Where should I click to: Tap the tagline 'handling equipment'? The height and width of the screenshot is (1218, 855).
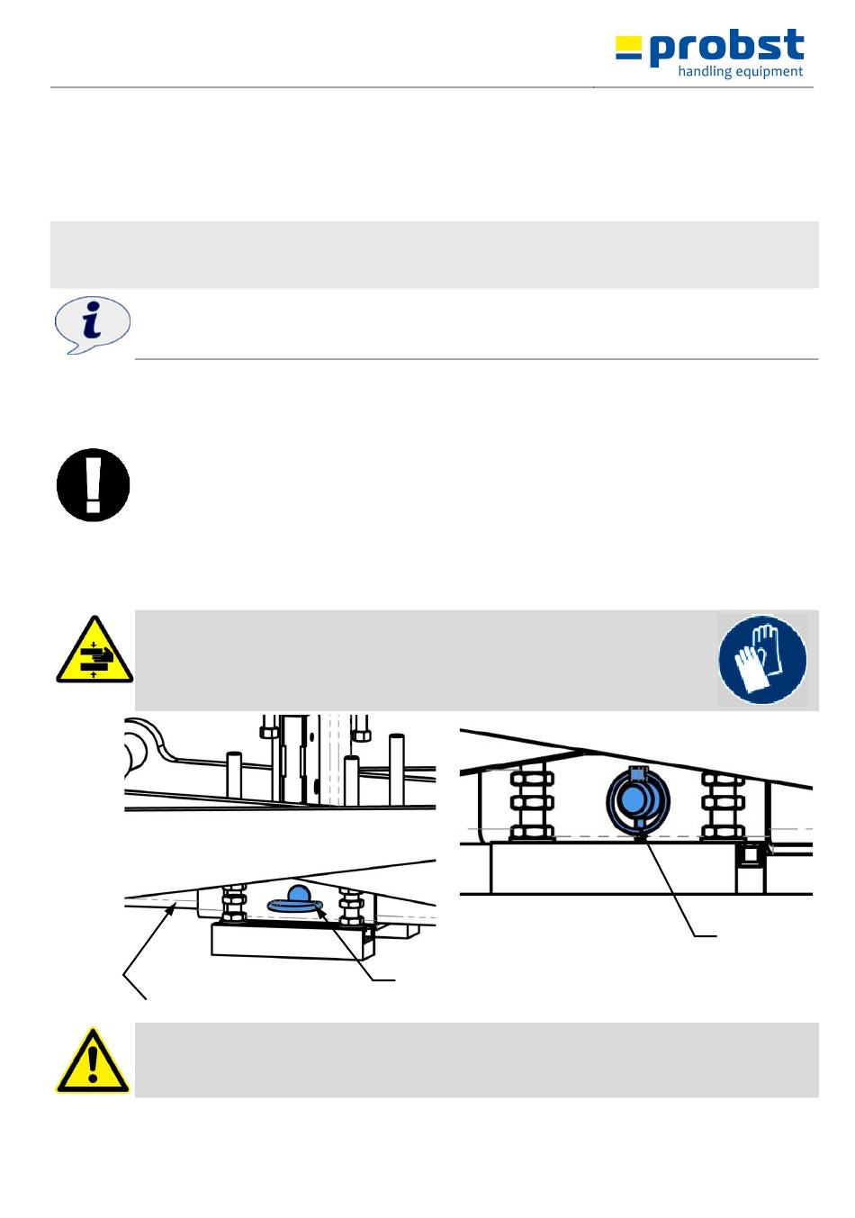coord(740,72)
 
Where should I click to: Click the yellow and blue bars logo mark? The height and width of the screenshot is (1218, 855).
coord(628,49)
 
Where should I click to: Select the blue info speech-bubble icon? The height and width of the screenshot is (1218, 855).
coord(92,324)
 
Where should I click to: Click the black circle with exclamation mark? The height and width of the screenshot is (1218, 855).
coord(93,484)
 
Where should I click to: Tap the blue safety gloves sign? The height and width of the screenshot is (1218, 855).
coord(762,659)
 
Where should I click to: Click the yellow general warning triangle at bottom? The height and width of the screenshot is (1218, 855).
coord(92,1062)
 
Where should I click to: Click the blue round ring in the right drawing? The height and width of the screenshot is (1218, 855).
coord(637,798)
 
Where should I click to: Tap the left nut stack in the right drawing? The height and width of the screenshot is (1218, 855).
coord(532,803)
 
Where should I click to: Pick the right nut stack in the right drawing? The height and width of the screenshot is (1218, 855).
coord(723,803)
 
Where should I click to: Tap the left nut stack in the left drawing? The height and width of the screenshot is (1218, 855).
coord(233,904)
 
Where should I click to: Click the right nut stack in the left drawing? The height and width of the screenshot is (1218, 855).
coord(350,907)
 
